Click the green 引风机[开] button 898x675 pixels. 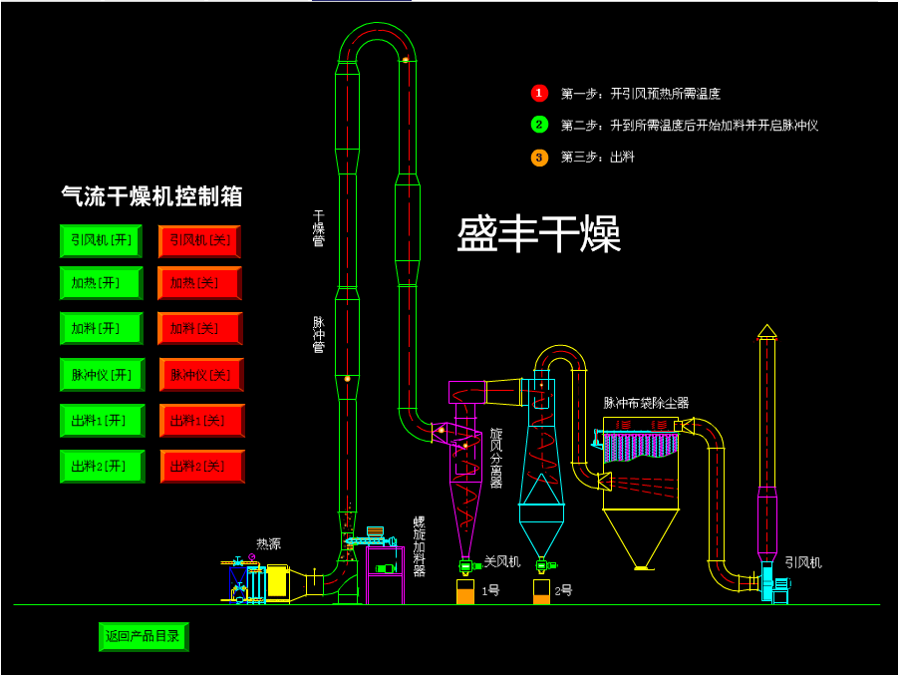tap(101, 240)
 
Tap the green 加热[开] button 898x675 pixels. tap(101, 283)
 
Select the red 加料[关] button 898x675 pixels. tap(199, 328)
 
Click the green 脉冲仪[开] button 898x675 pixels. tap(101, 375)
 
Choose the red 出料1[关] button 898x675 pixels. tap(200, 421)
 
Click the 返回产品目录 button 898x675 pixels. tap(143, 636)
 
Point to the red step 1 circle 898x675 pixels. tap(539, 93)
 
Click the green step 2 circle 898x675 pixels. tap(539, 125)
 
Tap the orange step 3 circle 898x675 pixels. tap(539, 157)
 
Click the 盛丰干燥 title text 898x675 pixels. tap(538, 234)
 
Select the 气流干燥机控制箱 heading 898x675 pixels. tap(151, 196)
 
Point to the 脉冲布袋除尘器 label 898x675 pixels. tap(646, 403)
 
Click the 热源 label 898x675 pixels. tap(268, 543)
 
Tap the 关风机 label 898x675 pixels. tap(502, 562)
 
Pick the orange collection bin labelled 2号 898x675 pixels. tap(541, 594)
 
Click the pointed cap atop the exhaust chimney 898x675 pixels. tap(766, 330)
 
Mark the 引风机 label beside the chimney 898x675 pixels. tap(802, 562)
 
